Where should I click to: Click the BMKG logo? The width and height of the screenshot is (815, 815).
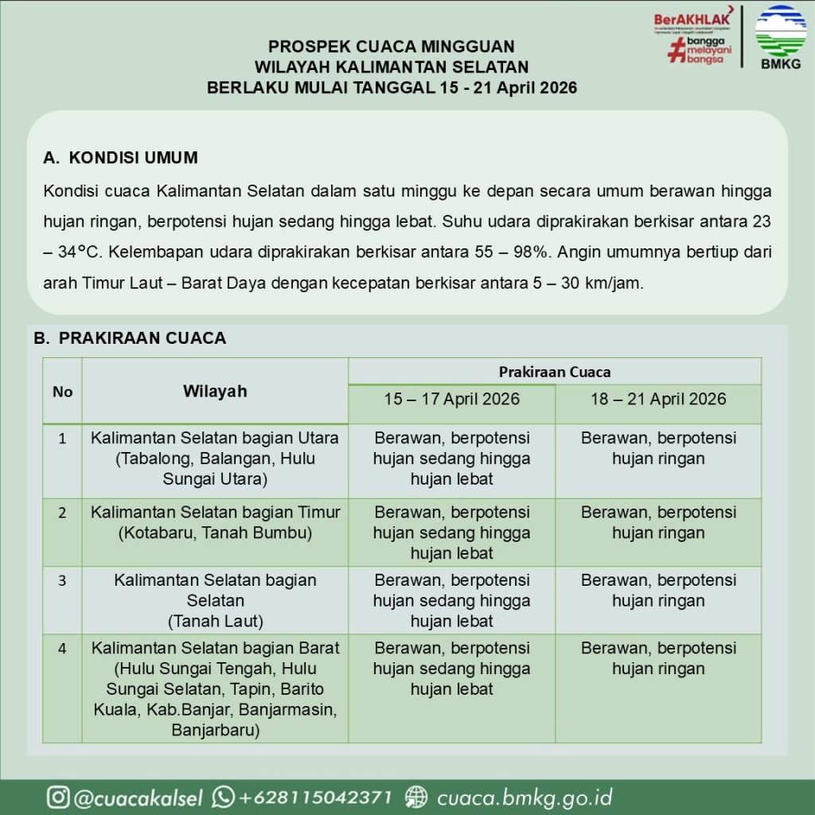coord(780,37)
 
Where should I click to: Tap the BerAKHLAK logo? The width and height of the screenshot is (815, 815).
coord(692,37)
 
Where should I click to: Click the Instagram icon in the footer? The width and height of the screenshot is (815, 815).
coord(57,797)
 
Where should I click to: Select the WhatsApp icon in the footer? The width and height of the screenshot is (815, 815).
coord(224,797)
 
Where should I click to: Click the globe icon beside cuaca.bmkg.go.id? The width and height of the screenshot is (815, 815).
coord(416,797)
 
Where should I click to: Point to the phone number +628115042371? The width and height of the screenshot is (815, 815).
coord(316,797)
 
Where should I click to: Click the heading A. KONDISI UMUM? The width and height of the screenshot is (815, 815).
coord(121,158)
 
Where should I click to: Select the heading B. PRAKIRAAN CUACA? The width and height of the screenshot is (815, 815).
coord(130,338)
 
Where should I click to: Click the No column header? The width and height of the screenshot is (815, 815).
coord(62,392)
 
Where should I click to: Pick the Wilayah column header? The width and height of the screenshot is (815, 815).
coord(215,392)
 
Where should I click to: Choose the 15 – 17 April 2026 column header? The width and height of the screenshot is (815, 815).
coord(451,400)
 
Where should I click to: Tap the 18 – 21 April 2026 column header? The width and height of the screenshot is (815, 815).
coord(658,400)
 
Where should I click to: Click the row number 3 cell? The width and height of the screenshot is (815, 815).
coord(62,580)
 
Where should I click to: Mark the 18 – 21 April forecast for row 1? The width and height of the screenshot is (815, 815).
coord(658,449)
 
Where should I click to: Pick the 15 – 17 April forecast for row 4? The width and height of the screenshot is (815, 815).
coord(451,669)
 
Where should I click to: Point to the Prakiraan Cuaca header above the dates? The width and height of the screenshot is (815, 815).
coord(555,372)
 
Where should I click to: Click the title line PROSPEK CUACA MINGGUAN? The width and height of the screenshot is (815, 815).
coord(392,47)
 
